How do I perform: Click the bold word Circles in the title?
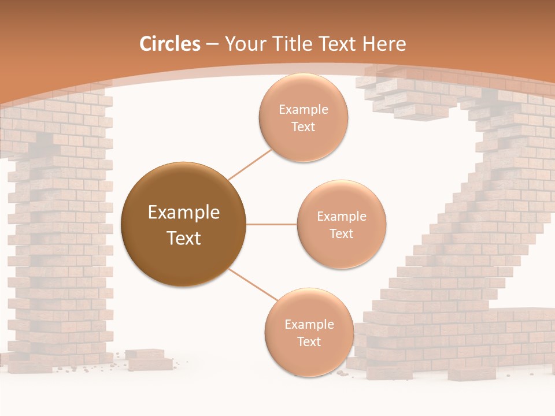pos(170,44)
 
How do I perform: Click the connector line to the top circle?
pos(250,164)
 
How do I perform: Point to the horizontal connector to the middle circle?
pos(271,224)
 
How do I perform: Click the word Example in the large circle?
pos(184,213)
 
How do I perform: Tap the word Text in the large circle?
pos(184,238)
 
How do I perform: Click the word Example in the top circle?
pos(304,109)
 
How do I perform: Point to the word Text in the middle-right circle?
pos(341,233)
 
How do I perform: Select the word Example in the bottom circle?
pos(309,324)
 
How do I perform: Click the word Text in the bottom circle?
pos(309,341)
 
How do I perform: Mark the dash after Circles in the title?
pos(212,44)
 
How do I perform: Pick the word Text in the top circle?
pos(303,127)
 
